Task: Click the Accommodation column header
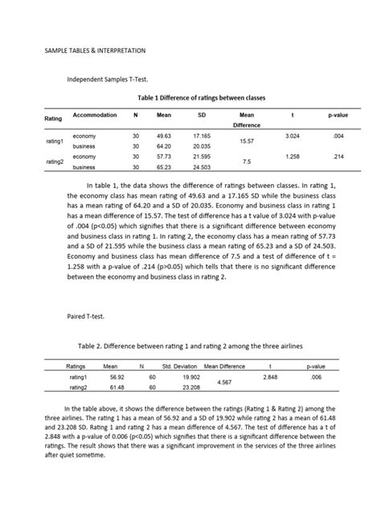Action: [x=95, y=116]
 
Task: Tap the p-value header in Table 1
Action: [x=336, y=116]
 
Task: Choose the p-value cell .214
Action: [x=338, y=157]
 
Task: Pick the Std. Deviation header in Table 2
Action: [x=179, y=365]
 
